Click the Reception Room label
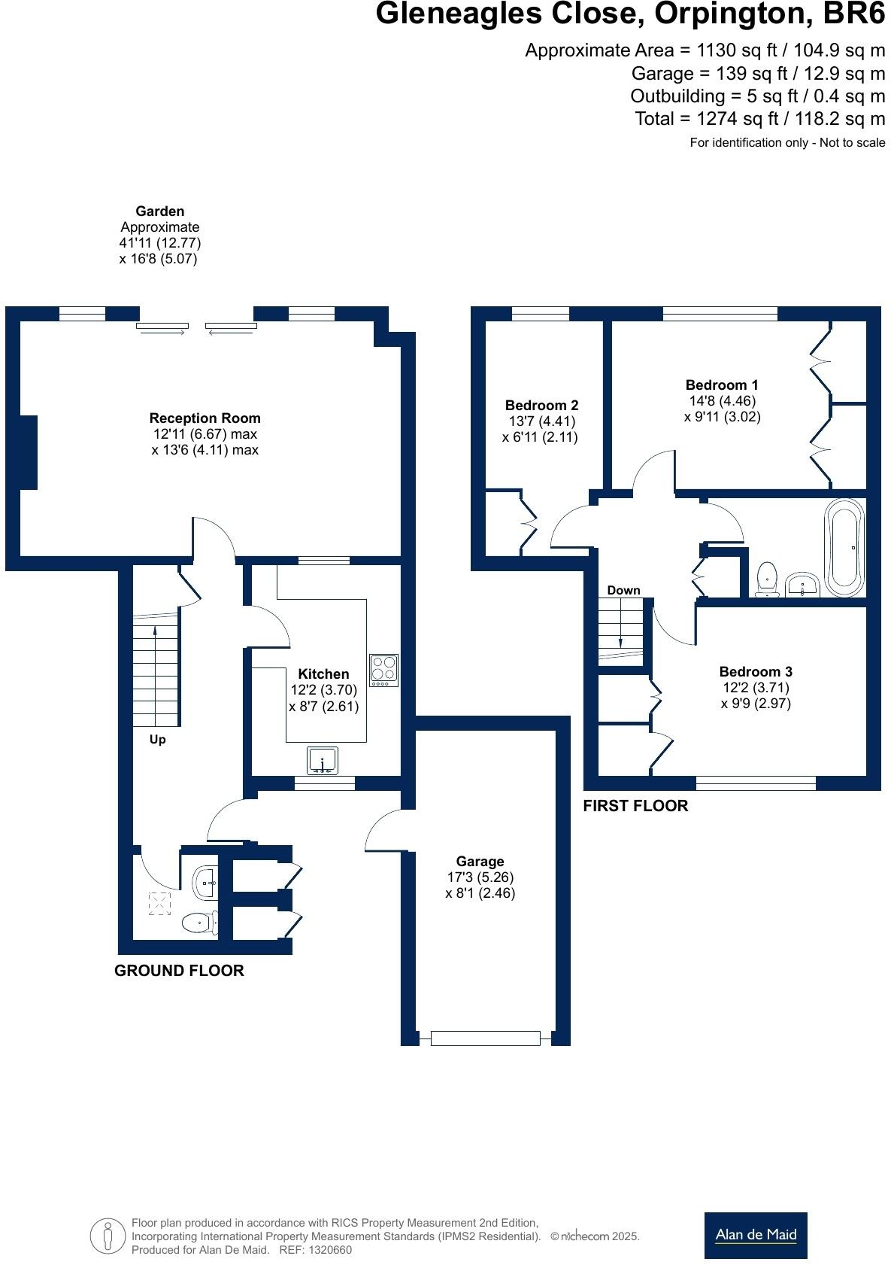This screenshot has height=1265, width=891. pyautogui.click(x=205, y=418)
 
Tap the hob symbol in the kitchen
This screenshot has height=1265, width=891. pyautogui.click(x=384, y=669)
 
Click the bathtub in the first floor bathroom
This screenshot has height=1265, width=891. pyautogui.click(x=846, y=547)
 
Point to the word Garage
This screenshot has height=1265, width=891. pyautogui.click(x=480, y=861)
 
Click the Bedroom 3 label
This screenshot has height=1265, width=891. pyautogui.click(x=756, y=671)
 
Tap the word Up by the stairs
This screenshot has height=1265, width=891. pyautogui.click(x=157, y=740)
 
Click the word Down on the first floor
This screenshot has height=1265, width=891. pyautogui.click(x=623, y=590)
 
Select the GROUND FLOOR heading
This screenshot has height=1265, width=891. pyautogui.click(x=179, y=971)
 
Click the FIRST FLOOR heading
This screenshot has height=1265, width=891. pyautogui.click(x=635, y=806)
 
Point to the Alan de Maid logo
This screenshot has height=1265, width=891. pyautogui.click(x=756, y=1235)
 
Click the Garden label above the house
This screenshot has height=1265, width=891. pyautogui.click(x=160, y=211)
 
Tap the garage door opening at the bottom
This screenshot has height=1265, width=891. pyautogui.click(x=485, y=1038)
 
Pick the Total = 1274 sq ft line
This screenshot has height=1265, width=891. pyautogui.click(x=759, y=119)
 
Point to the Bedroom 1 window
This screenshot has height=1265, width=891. pyautogui.click(x=720, y=313)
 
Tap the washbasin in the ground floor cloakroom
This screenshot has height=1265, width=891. pyautogui.click(x=205, y=881)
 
